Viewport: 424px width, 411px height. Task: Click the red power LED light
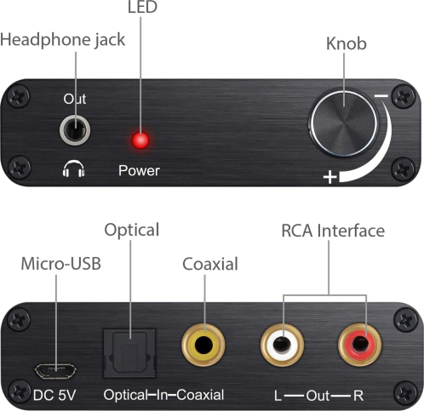pos(140,140)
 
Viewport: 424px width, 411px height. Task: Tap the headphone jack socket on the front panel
pos(75,130)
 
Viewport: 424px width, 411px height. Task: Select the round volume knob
pos(344,123)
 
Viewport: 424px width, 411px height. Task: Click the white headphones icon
pos(74,169)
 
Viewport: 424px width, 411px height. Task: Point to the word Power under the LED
pos(139,170)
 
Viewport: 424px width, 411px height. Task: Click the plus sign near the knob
pos(329,177)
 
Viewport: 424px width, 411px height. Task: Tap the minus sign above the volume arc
pos(381,96)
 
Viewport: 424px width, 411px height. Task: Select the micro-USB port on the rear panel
pos(55,370)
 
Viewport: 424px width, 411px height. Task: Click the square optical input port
pos(129,353)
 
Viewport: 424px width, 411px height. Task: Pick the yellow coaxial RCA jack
pos(203,345)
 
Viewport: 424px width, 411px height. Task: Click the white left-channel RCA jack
pos(282,345)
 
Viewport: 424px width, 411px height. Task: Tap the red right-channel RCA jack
pos(359,345)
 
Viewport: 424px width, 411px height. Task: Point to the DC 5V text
pos(54,395)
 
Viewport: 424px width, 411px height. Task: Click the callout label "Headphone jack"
pos(63,40)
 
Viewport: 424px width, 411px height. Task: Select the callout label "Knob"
pos(347,43)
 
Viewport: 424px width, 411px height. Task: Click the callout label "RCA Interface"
pos(333,231)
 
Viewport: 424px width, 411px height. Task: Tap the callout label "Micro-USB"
pos(61,264)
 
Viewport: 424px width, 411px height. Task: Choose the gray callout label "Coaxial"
pos(210,264)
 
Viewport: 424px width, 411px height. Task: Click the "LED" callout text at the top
pos(142,7)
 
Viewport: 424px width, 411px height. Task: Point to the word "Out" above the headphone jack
pos(75,99)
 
